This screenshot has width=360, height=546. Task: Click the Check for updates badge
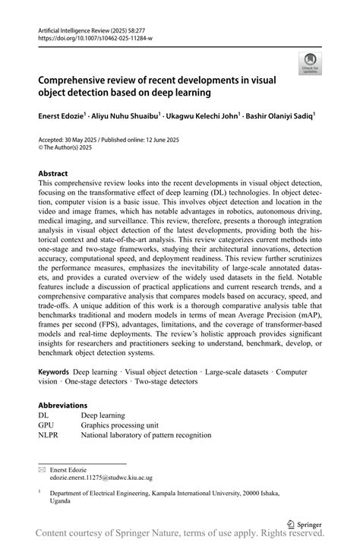[x=309, y=63]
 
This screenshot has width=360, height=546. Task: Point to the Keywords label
[x=54, y=372]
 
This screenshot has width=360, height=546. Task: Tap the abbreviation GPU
[x=47, y=425]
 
